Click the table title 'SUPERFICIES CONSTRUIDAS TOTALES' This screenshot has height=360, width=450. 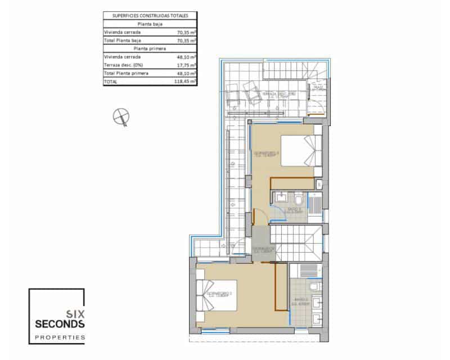pos(150,16)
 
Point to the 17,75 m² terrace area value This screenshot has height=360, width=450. pos(185,65)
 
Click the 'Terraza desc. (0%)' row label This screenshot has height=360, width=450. pos(123,65)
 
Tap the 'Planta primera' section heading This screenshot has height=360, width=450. pos(150,48)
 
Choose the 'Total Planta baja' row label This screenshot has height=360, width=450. pos(122,40)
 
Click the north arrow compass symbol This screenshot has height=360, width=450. pos(121,116)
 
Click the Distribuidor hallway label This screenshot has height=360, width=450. pos(263,249)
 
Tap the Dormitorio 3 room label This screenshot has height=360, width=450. pos(267,154)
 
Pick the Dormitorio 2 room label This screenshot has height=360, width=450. pos(219,294)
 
